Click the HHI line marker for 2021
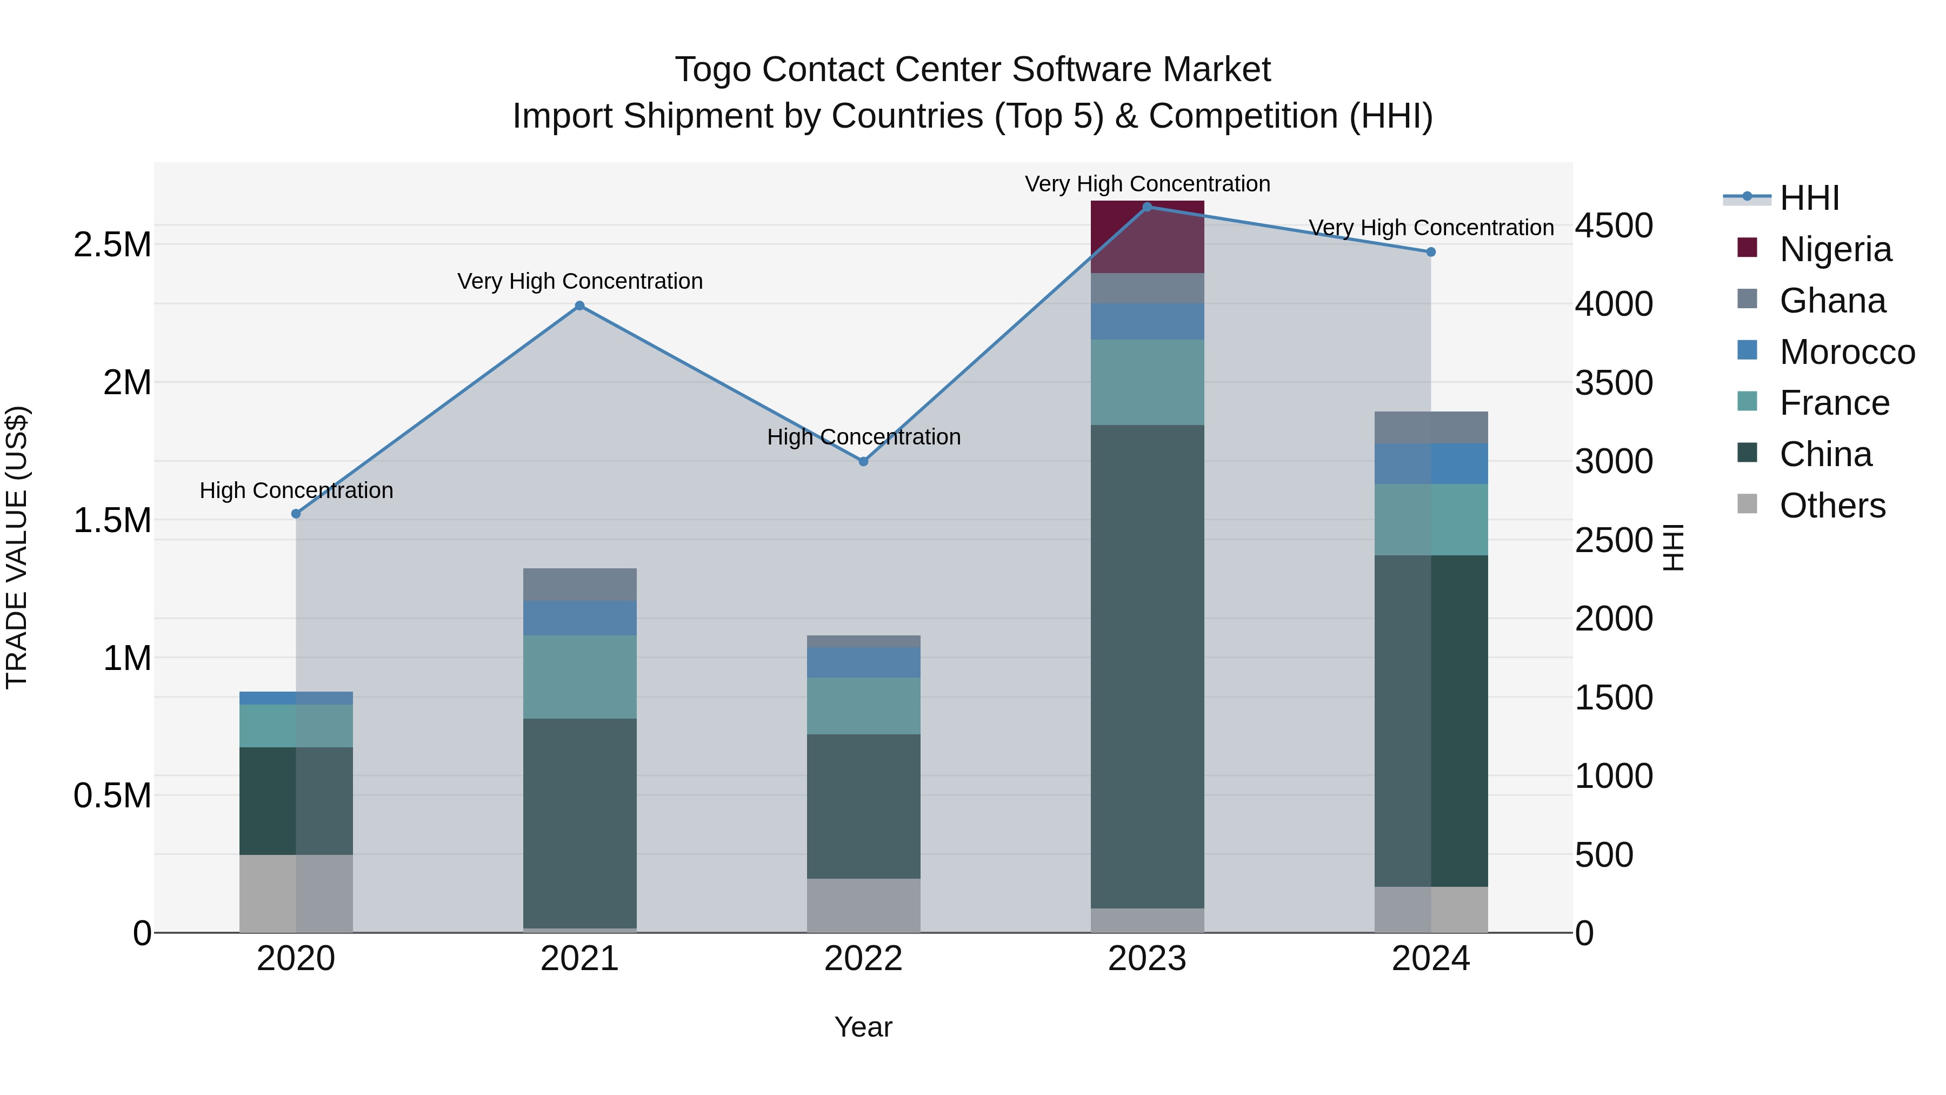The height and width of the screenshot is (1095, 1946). point(579,306)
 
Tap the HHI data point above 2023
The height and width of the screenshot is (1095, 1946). point(1147,207)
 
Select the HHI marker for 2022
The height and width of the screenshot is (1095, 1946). point(863,461)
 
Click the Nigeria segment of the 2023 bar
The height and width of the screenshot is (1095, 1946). point(1147,236)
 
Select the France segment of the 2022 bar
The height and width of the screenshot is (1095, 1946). point(863,706)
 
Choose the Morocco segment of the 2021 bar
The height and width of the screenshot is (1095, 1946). point(579,618)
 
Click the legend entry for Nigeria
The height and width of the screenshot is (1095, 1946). point(1834,249)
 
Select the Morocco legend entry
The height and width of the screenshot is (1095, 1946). point(1847,352)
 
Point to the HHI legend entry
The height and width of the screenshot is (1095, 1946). point(1809,198)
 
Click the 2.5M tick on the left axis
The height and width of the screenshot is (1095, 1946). point(112,245)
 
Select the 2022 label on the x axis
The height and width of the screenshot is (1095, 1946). point(863,959)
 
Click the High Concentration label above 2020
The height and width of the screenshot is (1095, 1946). point(296,490)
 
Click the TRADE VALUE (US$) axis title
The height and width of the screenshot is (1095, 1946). point(17,547)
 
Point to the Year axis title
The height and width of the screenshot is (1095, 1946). point(863,1027)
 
